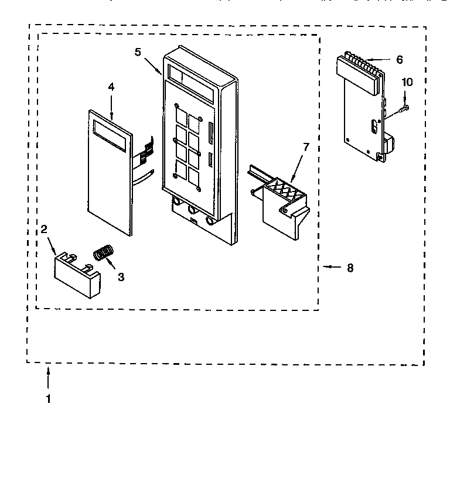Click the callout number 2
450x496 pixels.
point(44,230)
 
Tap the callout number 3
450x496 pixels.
point(121,277)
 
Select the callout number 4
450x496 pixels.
point(111,87)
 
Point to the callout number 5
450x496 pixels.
point(138,52)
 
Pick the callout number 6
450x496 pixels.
point(399,59)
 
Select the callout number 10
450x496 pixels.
point(407,82)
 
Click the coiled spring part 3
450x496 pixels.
point(103,254)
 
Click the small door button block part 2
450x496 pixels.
point(77,274)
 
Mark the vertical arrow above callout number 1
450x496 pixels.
point(48,377)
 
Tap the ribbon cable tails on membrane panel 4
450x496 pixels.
point(144,158)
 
